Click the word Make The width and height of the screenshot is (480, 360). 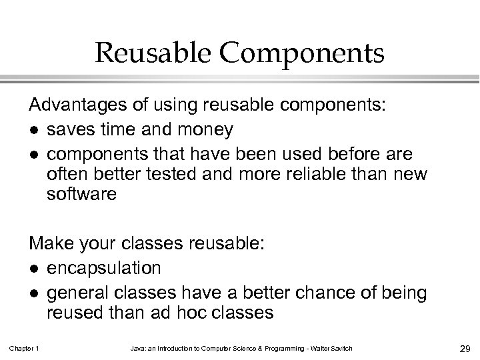pyautogui.click(x=47, y=245)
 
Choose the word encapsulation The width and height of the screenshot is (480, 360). pyautogui.click(x=104, y=268)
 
